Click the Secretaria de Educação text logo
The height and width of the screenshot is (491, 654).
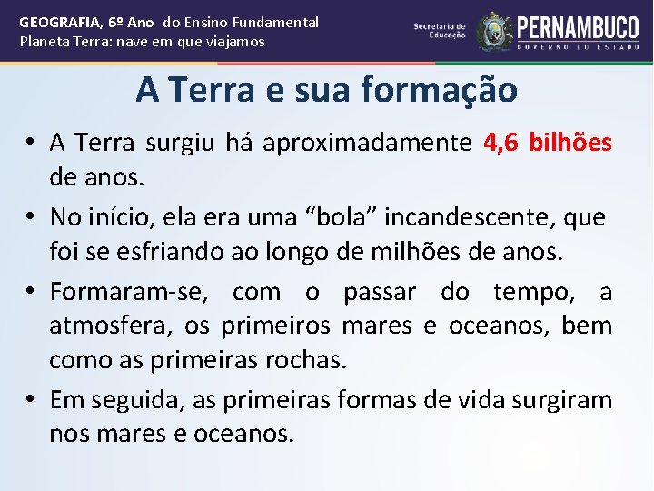(440, 31)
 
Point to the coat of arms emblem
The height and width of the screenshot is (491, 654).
(495, 31)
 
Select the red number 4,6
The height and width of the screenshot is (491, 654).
(502, 143)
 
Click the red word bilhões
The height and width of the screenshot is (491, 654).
(570, 143)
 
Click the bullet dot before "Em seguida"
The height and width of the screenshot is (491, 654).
(30, 400)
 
